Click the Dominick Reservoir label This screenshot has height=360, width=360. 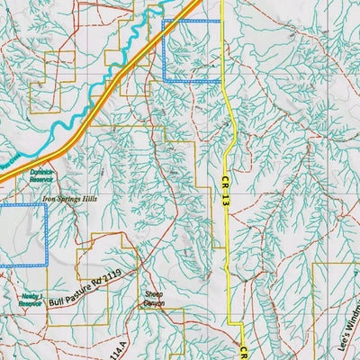click(42, 175)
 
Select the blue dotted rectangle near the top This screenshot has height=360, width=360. click(191, 50)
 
